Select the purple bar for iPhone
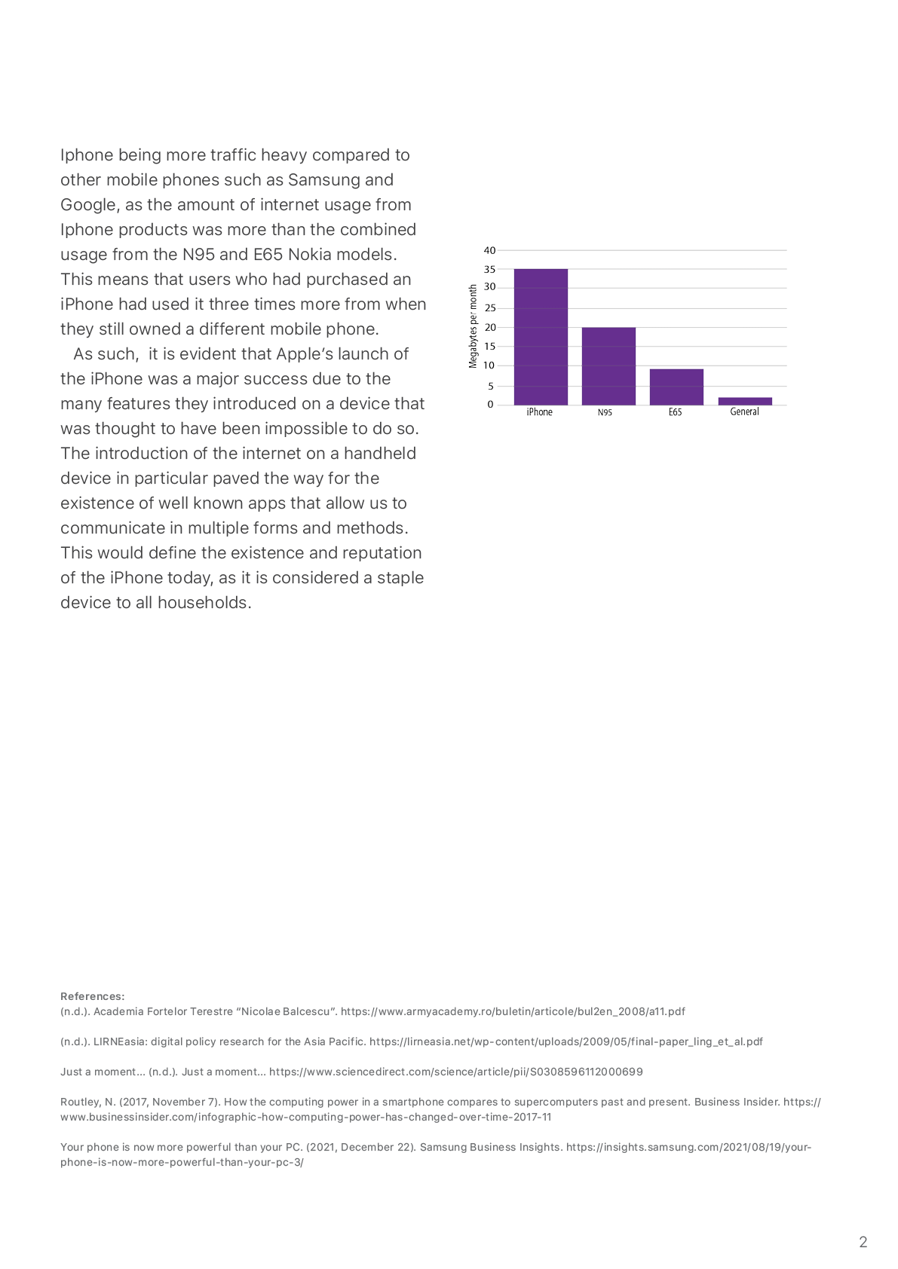click(x=541, y=337)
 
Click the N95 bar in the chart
click(x=608, y=366)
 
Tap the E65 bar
click(x=676, y=387)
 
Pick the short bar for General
click(x=745, y=401)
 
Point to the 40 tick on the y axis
click(x=489, y=250)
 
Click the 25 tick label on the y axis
click(x=489, y=308)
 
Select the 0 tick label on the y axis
click(x=490, y=405)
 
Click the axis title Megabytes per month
click(x=473, y=326)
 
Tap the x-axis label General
click(x=744, y=411)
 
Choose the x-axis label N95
click(x=605, y=412)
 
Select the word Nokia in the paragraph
click(x=310, y=255)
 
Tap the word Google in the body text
click(x=90, y=205)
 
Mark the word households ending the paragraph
click(x=204, y=602)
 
